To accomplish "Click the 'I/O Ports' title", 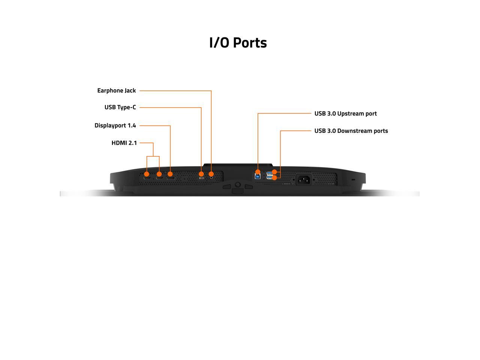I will (238, 43).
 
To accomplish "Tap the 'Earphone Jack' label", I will (116, 91).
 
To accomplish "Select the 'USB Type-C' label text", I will (120, 108).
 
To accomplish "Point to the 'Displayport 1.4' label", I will (115, 126).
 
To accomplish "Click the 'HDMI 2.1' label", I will (124, 143).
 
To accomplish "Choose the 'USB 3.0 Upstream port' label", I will (345, 114).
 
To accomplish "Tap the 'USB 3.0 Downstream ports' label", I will (351, 131).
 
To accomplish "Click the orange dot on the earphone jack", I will (211, 174).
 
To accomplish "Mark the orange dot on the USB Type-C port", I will (201, 174).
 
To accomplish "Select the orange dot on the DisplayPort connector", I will (170, 174).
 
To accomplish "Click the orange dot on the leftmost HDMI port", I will (147, 174).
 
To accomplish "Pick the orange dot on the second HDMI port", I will (159, 174).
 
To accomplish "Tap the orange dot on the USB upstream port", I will (258, 172).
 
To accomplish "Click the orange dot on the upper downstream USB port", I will (274, 172).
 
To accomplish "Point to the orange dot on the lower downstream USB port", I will (274, 177).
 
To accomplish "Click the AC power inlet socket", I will (304, 180).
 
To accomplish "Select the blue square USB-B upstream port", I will (258, 176).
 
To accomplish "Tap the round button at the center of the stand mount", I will (237, 184).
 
